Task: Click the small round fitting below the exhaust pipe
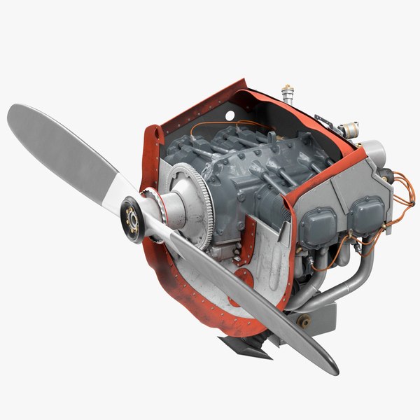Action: (304, 322)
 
